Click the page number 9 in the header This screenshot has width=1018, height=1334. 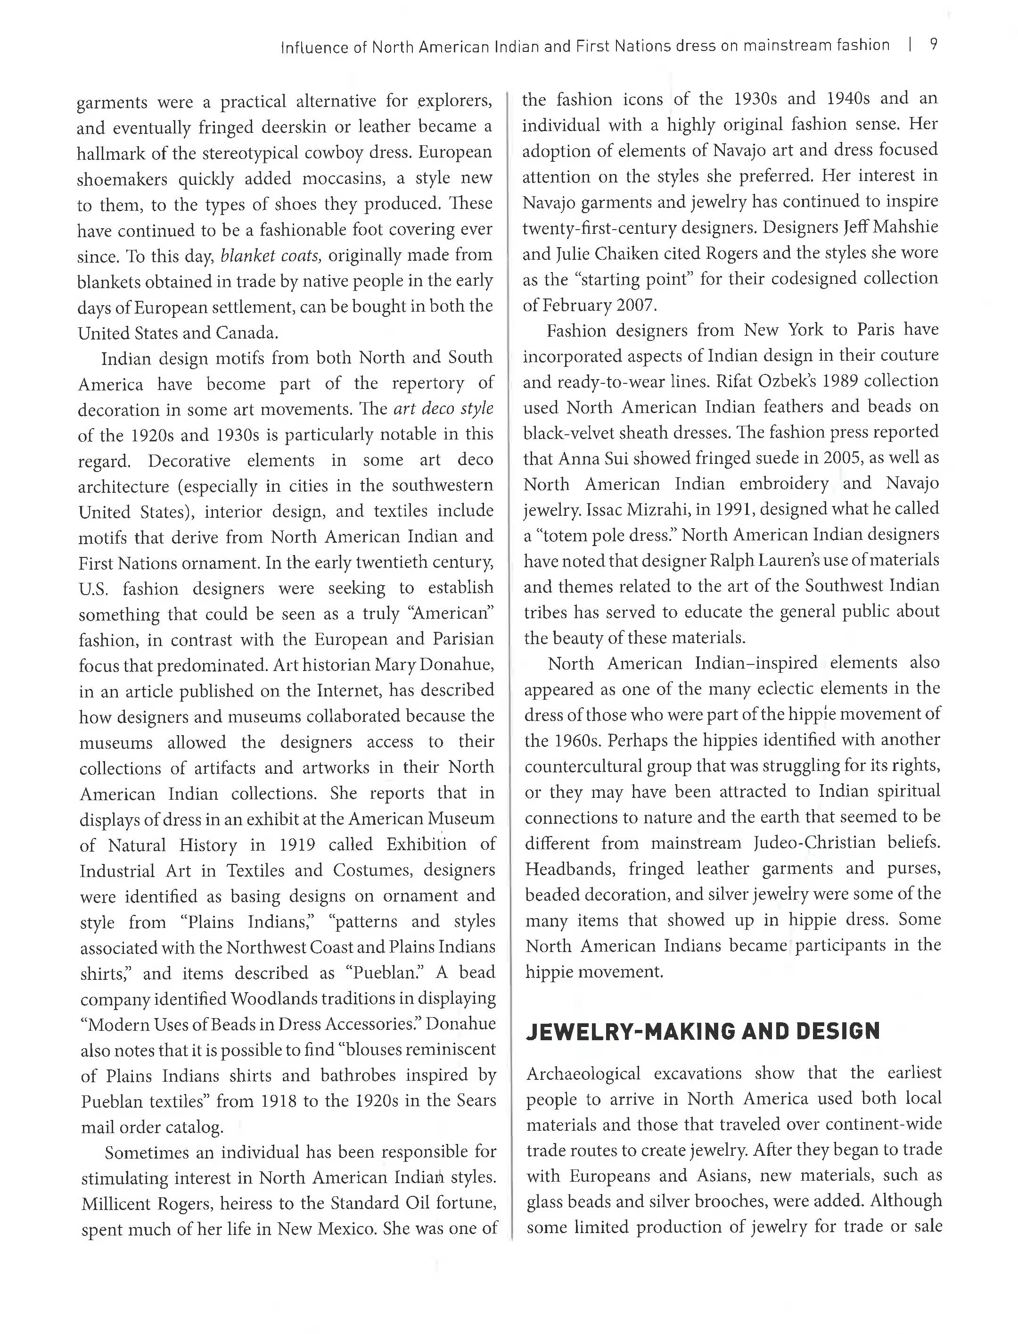[934, 45]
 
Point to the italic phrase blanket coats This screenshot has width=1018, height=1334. [270, 255]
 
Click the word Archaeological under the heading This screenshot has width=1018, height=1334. [583, 1074]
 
